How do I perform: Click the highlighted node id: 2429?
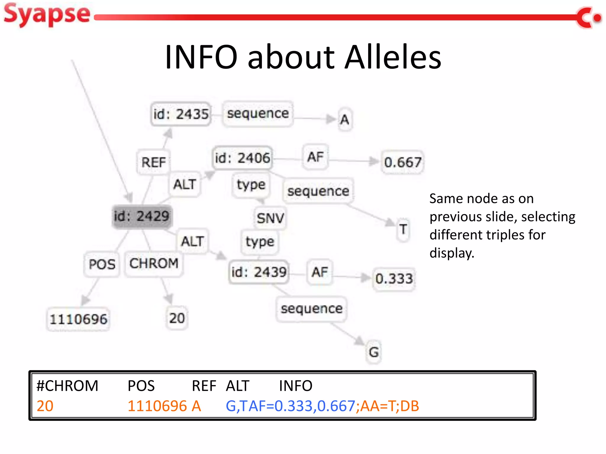click(141, 216)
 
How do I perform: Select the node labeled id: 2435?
click(181, 114)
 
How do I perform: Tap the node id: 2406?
click(242, 158)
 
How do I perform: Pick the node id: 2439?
click(259, 272)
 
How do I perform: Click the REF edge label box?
click(153, 162)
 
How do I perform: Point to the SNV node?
click(270, 218)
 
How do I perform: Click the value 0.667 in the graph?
click(402, 162)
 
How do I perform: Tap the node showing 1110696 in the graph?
click(78, 319)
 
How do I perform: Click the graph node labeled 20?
click(177, 318)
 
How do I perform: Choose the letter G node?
click(374, 352)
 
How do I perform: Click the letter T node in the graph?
click(403, 230)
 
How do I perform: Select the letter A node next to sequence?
click(344, 120)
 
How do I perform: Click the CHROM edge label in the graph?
click(154, 263)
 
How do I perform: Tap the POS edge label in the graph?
click(102, 264)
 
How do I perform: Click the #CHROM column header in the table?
click(67, 386)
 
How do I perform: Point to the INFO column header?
click(296, 386)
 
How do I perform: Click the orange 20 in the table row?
click(45, 406)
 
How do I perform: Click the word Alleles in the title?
click(393, 57)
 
